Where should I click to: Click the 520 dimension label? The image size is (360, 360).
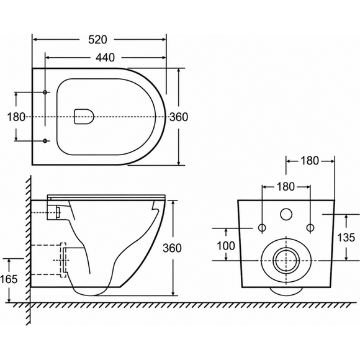98,40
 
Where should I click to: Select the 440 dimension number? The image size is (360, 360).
105,58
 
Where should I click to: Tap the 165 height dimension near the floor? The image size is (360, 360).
9,279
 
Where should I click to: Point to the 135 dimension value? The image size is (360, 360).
346,237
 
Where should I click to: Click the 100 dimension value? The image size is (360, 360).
226,246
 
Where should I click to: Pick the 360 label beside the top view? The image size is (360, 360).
179,117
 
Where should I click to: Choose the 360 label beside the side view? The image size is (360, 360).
172,248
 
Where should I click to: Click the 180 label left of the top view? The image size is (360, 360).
16,117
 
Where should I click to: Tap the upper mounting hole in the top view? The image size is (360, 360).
45,92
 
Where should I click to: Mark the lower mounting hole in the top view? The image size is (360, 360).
45,141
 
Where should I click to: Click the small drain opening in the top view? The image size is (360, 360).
84,117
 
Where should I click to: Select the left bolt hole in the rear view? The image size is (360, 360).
262,228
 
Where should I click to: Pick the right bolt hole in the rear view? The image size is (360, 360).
310,228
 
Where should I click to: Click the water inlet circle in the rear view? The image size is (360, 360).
286,214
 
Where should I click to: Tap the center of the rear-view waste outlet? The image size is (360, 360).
286,261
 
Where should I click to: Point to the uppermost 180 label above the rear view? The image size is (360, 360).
310,161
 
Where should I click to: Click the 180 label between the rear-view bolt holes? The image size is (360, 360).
286,187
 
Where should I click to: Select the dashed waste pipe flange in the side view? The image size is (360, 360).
63,260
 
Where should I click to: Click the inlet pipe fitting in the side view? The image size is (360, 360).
58,212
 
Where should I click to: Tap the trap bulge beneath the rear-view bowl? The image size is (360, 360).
286,291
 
